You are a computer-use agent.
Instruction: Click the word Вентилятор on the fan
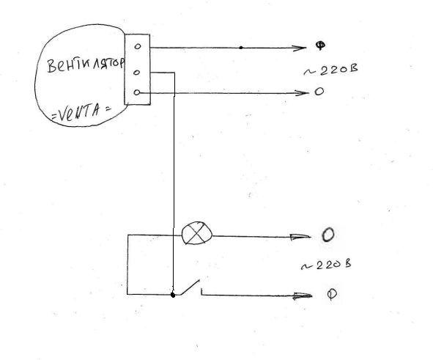point(86,65)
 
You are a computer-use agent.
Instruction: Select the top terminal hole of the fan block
point(138,46)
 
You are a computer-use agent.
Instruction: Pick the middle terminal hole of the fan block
point(137,73)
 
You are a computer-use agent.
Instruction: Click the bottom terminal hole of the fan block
point(137,92)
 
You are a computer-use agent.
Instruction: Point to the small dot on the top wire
point(241,48)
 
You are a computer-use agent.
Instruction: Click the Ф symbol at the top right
point(320,45)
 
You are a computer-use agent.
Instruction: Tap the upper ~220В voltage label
point(330,70)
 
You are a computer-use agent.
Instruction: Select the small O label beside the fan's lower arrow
point(319,92)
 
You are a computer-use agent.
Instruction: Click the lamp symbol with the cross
point(197,233)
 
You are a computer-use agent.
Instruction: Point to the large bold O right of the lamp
point(328,235)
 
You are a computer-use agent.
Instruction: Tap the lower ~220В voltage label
point(326,265)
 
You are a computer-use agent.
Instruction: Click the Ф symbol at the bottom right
point(332,294)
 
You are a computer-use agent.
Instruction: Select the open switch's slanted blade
point(188,287)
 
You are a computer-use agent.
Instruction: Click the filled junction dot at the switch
point(173,295)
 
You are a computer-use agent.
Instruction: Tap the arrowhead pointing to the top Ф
point(299,48)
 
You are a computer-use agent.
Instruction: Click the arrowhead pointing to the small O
point(302,93)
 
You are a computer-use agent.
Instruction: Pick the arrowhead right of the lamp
point(300,237)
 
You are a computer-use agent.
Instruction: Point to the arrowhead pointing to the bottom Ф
point(303,296)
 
